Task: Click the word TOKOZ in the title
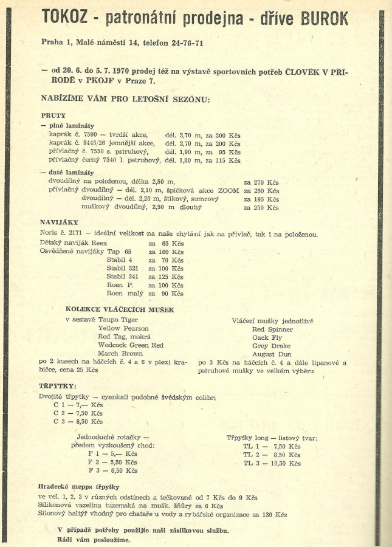(x=66, y=18)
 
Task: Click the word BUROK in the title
(x=325, y=18)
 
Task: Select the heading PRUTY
(x=53, y=115)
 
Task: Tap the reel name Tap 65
(x=119, y=251)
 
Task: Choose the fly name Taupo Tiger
(x=118, y=320)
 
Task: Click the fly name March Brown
(x=120, y=353)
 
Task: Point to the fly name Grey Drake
(x=272, y=345)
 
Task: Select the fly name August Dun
(x=272, y=354)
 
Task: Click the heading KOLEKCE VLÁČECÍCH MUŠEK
(x=120, y=309)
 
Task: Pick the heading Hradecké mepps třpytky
(x=80, y=487)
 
